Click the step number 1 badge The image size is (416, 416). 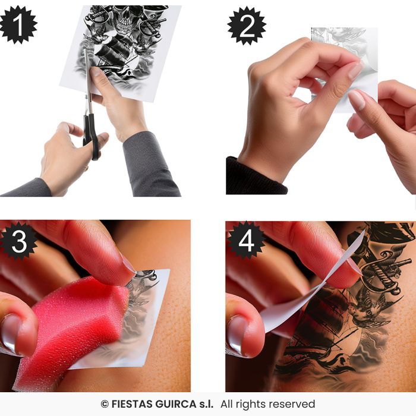point(18,24)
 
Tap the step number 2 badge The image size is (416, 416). point(247,26)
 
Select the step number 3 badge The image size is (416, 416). point(18,241)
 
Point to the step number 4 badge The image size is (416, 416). point(245,240)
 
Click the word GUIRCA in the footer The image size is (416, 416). point(176,404)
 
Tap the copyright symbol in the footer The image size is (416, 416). point(105,404)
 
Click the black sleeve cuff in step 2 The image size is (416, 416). point(255,177)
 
